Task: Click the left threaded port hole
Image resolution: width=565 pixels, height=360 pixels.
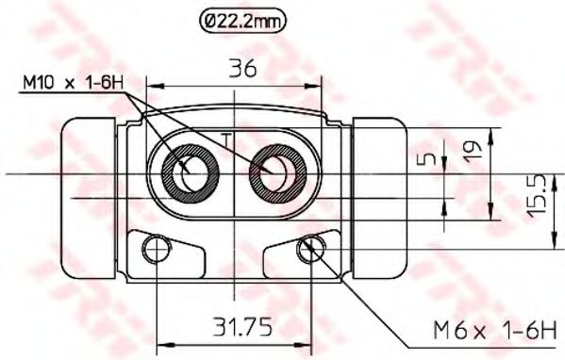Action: pyautogui.click(x=191, y=172)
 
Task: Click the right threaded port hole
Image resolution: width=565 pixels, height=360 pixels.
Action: pyautogui.click(x=276, y=172)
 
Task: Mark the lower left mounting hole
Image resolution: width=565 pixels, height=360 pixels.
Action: pyautogui.click(x=153, y=249)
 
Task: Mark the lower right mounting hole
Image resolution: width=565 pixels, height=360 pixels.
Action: pyautogui.click(x=307, y=249)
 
